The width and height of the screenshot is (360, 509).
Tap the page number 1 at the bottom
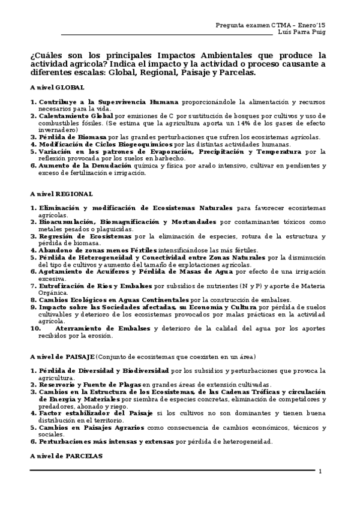click(x=320, y=471)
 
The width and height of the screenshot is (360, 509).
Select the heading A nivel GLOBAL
click(x=57, y=88)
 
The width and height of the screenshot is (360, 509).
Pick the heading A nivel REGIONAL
click(x=61, y=194)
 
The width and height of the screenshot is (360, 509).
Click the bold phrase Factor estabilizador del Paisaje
click(x=97, y=413)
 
